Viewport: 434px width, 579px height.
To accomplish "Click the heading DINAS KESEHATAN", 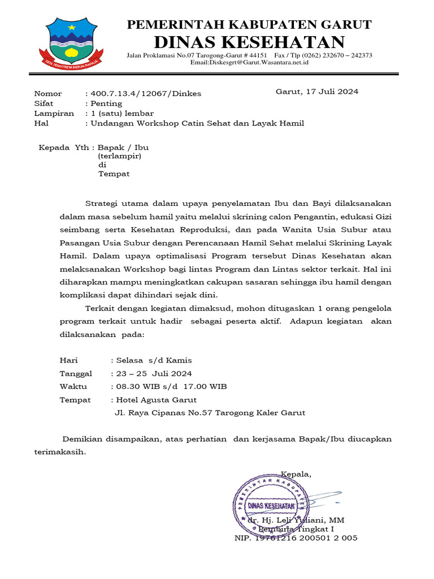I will [249, 42].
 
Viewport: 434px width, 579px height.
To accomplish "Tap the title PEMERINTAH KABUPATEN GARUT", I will [249, 24].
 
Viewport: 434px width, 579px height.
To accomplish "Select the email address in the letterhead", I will [249, 63].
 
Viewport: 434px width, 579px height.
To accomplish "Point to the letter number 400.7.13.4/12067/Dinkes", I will [146, 93].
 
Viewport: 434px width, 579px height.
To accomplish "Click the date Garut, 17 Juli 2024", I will [316, 91].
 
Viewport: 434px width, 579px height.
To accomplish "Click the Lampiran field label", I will [54, 113].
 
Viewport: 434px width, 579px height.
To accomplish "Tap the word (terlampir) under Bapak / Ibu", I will [119, 155].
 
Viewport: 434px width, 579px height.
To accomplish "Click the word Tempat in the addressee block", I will [114, 174].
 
